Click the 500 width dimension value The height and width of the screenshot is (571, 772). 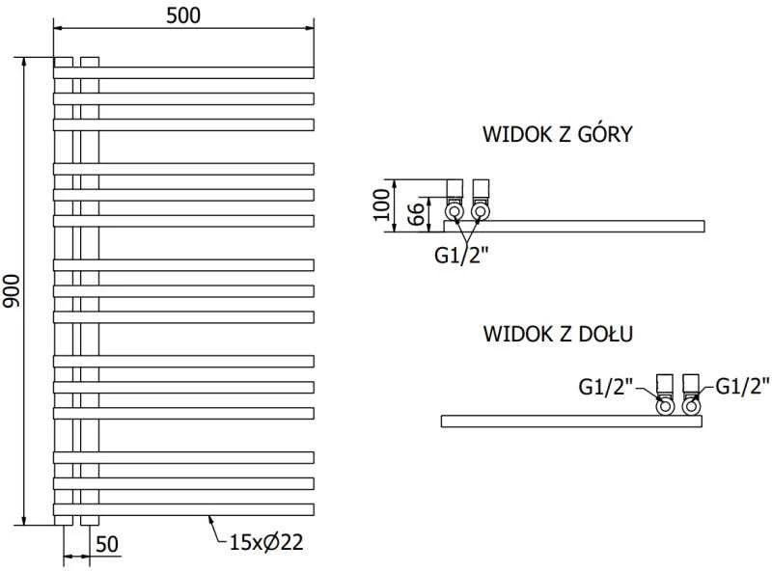pos(183,15)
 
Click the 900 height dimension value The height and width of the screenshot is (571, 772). pos(12,291)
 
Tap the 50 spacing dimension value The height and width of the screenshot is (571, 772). pos(107,544)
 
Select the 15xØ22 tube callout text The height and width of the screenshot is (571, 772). pos(266,542)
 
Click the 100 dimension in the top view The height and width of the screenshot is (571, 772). pos(381,204)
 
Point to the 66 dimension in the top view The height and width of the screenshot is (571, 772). pos(417,214)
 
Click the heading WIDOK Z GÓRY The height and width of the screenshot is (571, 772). pos(558,134)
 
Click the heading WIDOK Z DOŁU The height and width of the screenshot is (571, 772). pos(558,334)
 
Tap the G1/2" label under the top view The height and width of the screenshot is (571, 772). pos(461,256)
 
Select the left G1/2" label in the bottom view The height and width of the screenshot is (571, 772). pos(605,387)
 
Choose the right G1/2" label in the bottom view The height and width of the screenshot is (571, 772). pos(742,386)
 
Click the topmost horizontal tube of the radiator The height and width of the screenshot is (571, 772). pos(183,72)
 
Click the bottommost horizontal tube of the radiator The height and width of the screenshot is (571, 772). pos(183,509)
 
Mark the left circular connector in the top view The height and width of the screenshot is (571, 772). pos(454,212)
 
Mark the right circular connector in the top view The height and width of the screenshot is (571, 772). pos(480,212)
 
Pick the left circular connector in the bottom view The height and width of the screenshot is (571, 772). pos(665,407)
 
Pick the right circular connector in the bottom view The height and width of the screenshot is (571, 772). pos(691,407)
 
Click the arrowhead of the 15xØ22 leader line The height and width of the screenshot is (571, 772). pos(209,517)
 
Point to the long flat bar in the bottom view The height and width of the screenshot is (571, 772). pos(571,421)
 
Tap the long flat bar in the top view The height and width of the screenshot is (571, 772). pos(574,227)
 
